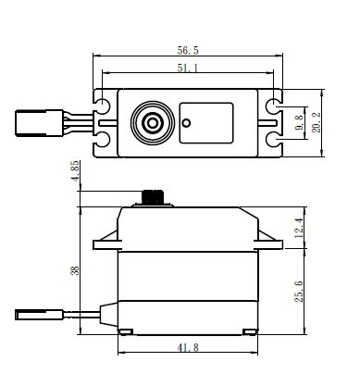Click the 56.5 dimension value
pyautogui.click(x=188, y=50)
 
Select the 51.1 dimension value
pyautogui.click(x=188, y=68)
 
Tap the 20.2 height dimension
pyautogui.click(x=317, y=122)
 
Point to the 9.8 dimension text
pyautogui.click(x=300, y=123)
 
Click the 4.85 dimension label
pyautogui.click(x=75, y=170)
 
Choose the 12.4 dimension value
pyautogui.click(x=299, y=228)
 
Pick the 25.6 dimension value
pyautogui.click(x=299, y=292)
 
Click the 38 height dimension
pyautogui.click(x=75, y=270)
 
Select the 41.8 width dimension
pyautogui.click(x=188, y=348)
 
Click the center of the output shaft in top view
pyautogui.click(x=153, y=123)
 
